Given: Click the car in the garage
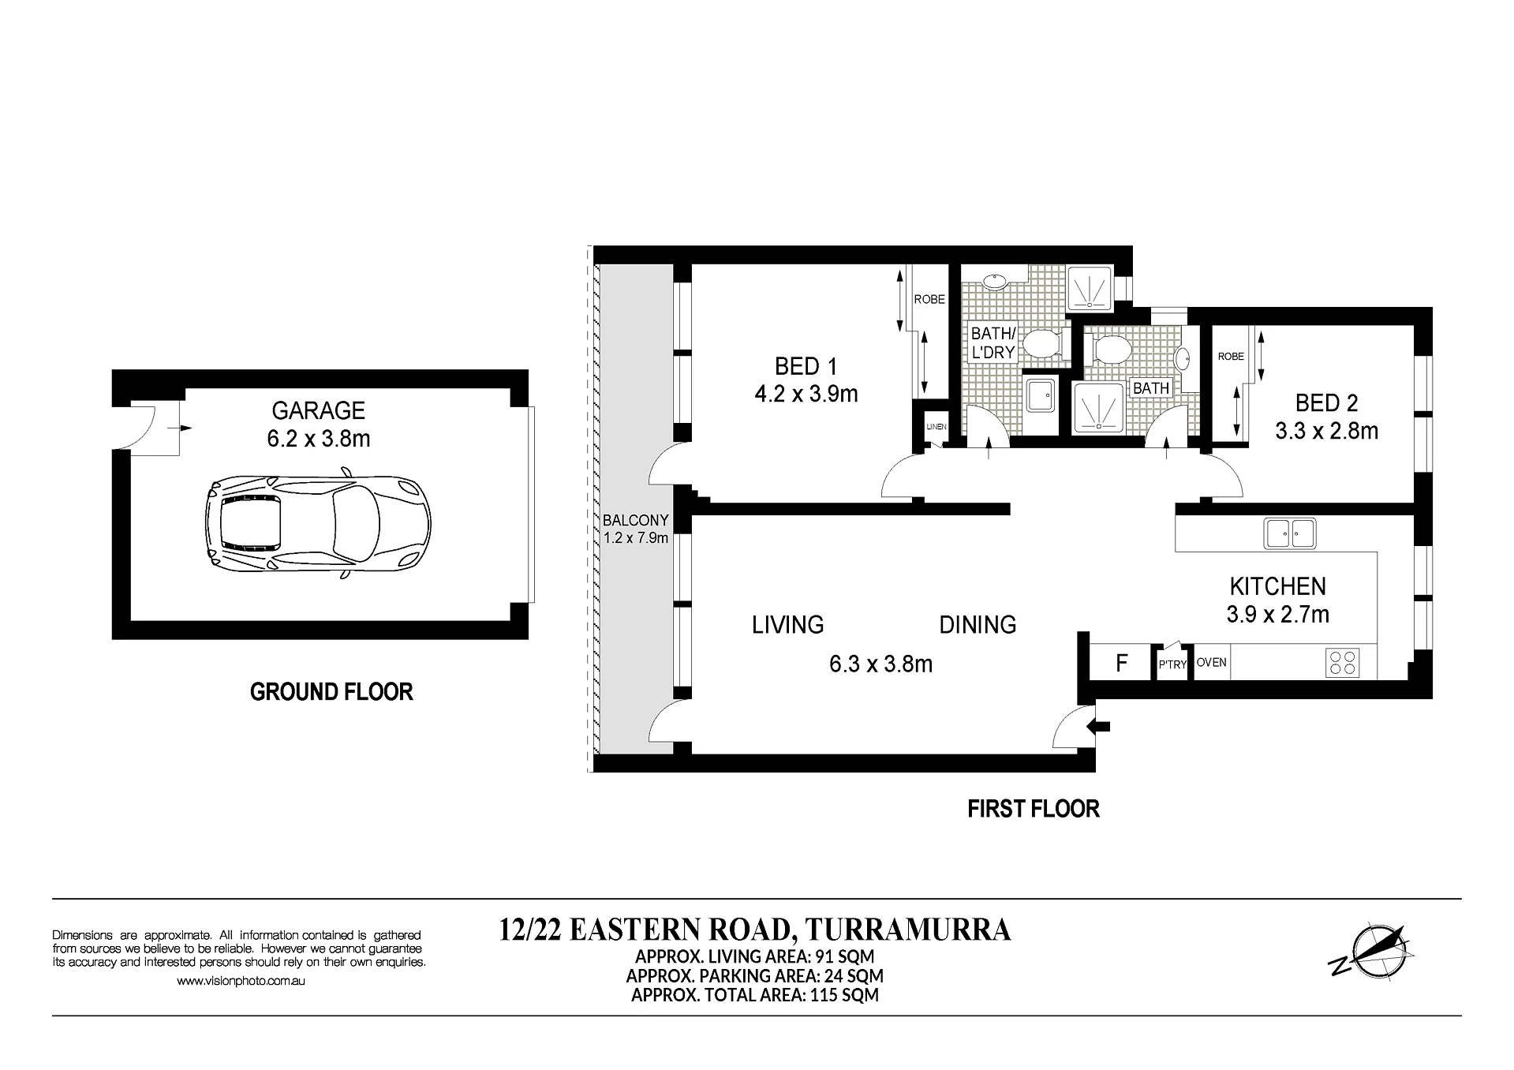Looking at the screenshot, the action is pos(318,523).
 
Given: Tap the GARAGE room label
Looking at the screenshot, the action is pos(319,410).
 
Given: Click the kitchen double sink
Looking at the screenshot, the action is pos(1290,533).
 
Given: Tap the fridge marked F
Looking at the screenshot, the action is pos(1121,663).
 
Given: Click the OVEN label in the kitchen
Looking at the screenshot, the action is pos(1211,662).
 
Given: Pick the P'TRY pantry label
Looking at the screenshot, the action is pos(1172,664).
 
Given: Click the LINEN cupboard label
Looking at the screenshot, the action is pos(936,426).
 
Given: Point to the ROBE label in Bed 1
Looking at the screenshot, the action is pos(929,299).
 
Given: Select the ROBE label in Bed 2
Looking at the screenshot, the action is pos(1231,356).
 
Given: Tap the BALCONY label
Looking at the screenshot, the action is pos(635,520).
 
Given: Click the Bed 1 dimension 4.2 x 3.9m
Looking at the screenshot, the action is pos(806,394).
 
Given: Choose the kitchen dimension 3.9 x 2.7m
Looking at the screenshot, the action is pos(1277,614).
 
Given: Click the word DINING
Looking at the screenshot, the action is pos(978,625).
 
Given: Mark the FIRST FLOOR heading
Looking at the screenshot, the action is pos(1034,809).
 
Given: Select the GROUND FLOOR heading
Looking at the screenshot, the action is pos(331,692).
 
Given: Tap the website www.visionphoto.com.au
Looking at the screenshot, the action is pos(241,981).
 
